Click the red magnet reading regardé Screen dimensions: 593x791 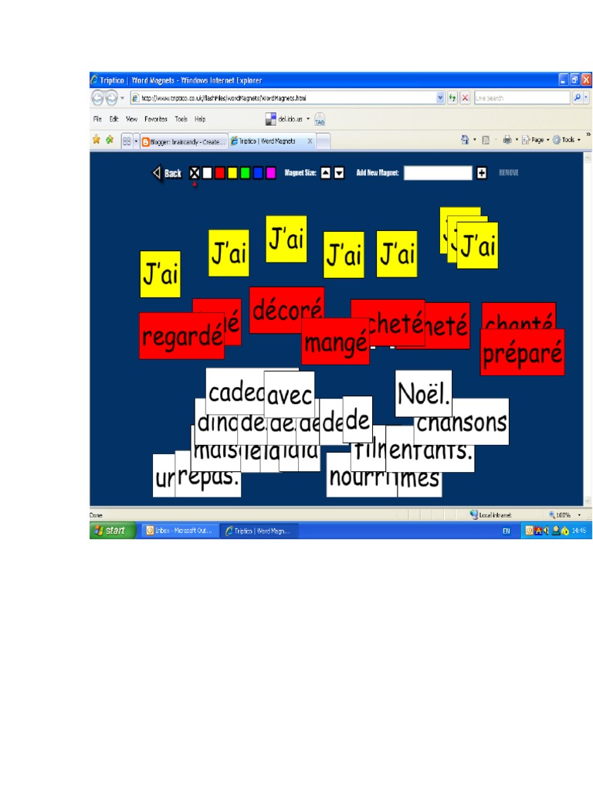tap(181, 337)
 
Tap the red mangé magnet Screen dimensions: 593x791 tap(335, 342)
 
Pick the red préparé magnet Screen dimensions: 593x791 tap(522, 353)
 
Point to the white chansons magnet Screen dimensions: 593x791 tap(462, 422)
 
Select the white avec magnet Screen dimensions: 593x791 tap(290, 395)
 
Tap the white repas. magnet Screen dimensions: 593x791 tap(208, 477)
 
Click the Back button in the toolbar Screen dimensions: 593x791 tap(167, 173)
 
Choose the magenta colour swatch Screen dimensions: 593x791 tap(270, 173)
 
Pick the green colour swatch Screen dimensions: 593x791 tap(245, 173)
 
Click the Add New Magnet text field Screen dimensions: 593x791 tap(437, 173)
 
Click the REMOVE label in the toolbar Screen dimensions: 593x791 tap(508, 173)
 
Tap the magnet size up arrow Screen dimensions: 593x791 tap(326, 173)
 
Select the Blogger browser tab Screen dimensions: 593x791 tap(184, 141)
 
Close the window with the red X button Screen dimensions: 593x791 tap(586, 80)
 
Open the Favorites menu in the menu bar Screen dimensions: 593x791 tap(156, 119)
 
